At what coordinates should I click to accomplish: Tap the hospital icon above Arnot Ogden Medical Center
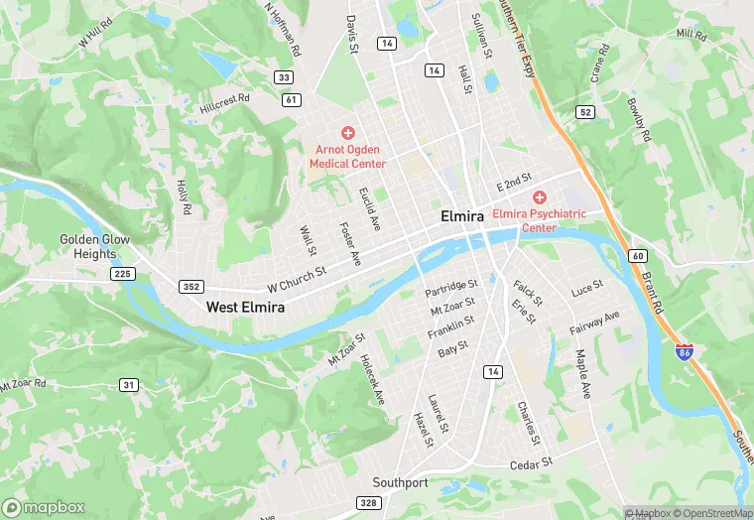347,133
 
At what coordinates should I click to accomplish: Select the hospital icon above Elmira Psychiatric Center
540,197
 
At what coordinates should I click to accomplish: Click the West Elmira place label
245,308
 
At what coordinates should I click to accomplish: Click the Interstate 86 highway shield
684,353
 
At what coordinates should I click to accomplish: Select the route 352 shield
191,287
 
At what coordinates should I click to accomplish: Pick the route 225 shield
123,274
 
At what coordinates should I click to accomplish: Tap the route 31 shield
129,384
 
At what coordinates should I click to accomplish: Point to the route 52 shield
585,112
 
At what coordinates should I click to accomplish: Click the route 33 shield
284,77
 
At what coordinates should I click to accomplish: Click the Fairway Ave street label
595,323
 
